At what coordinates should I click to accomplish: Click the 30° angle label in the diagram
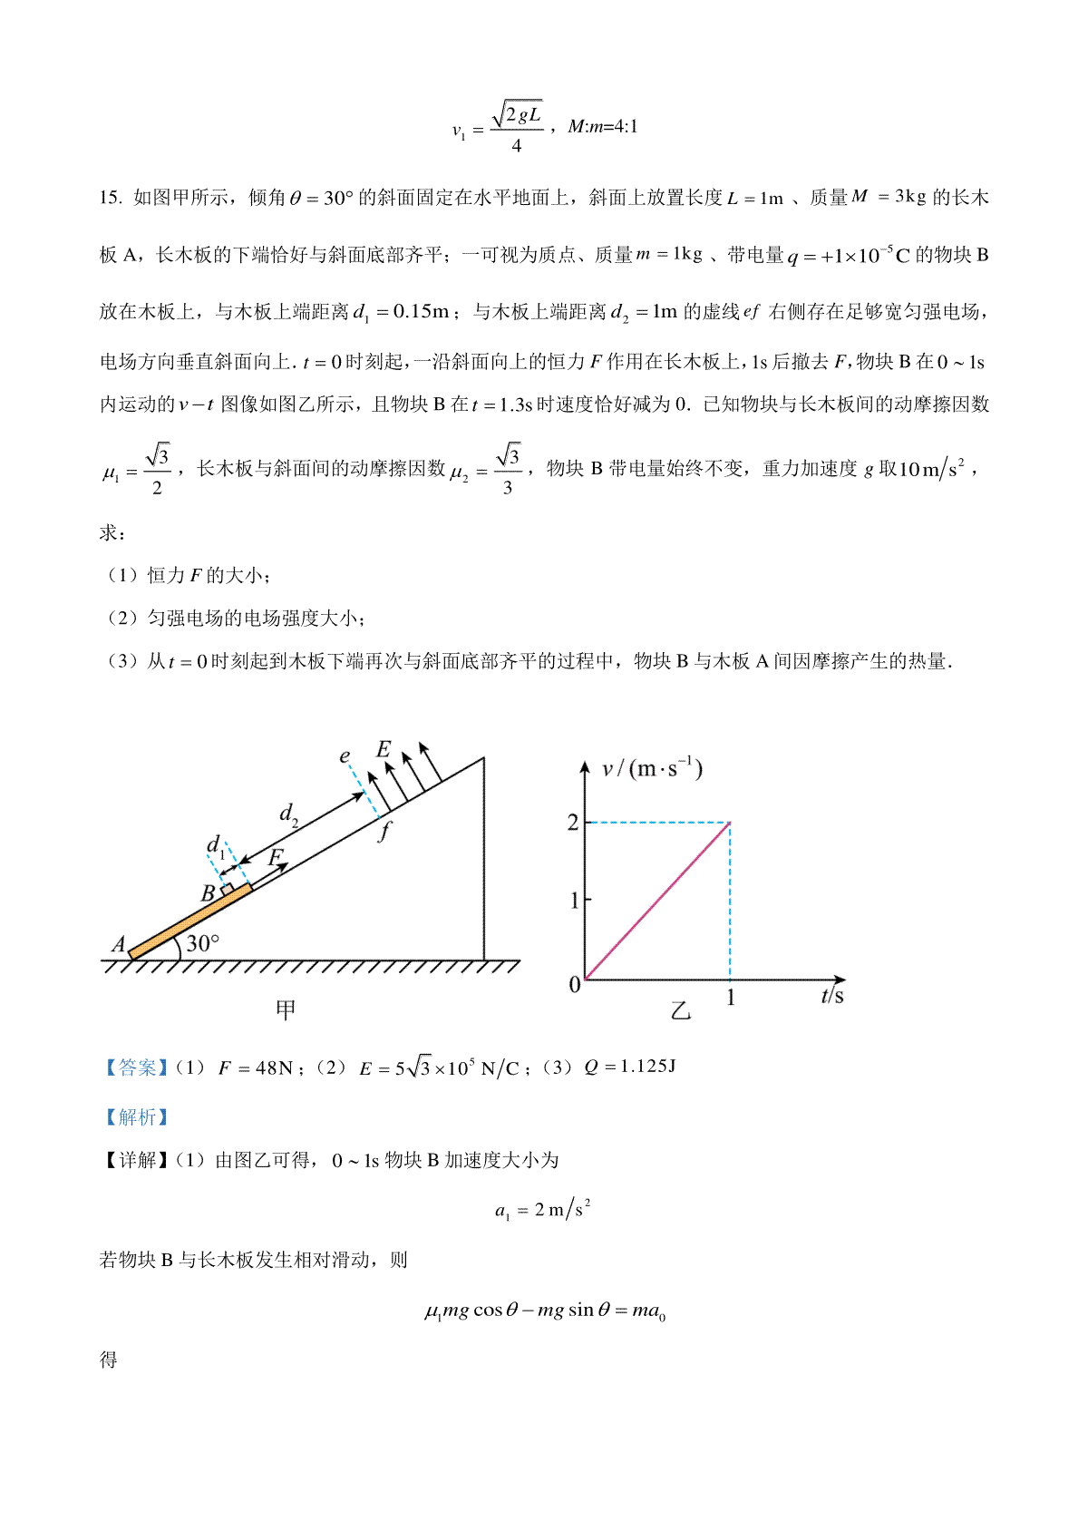tap(202, 943)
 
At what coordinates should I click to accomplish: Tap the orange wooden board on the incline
tap(190, 921)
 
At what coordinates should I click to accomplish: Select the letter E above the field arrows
tap(384, 749)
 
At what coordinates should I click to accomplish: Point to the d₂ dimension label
tap(288, 814)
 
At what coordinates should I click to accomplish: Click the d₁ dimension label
tap(216, 847)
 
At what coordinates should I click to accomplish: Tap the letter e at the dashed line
tap(345, 756)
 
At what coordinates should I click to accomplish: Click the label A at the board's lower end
tap(119, 945)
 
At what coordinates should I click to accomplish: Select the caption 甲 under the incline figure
tap(286, 1009)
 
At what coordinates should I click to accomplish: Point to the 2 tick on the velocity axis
tap(573, 823)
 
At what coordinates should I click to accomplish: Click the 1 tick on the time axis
tap(731, 999)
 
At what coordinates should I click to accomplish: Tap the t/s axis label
tap(831, 996)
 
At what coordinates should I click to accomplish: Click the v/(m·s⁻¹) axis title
tap(652, 769)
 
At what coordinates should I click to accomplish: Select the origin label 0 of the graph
tap(574, 985)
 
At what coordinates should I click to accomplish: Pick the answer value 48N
tap(274, 1068)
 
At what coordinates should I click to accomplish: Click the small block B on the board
tap(228, 890)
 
